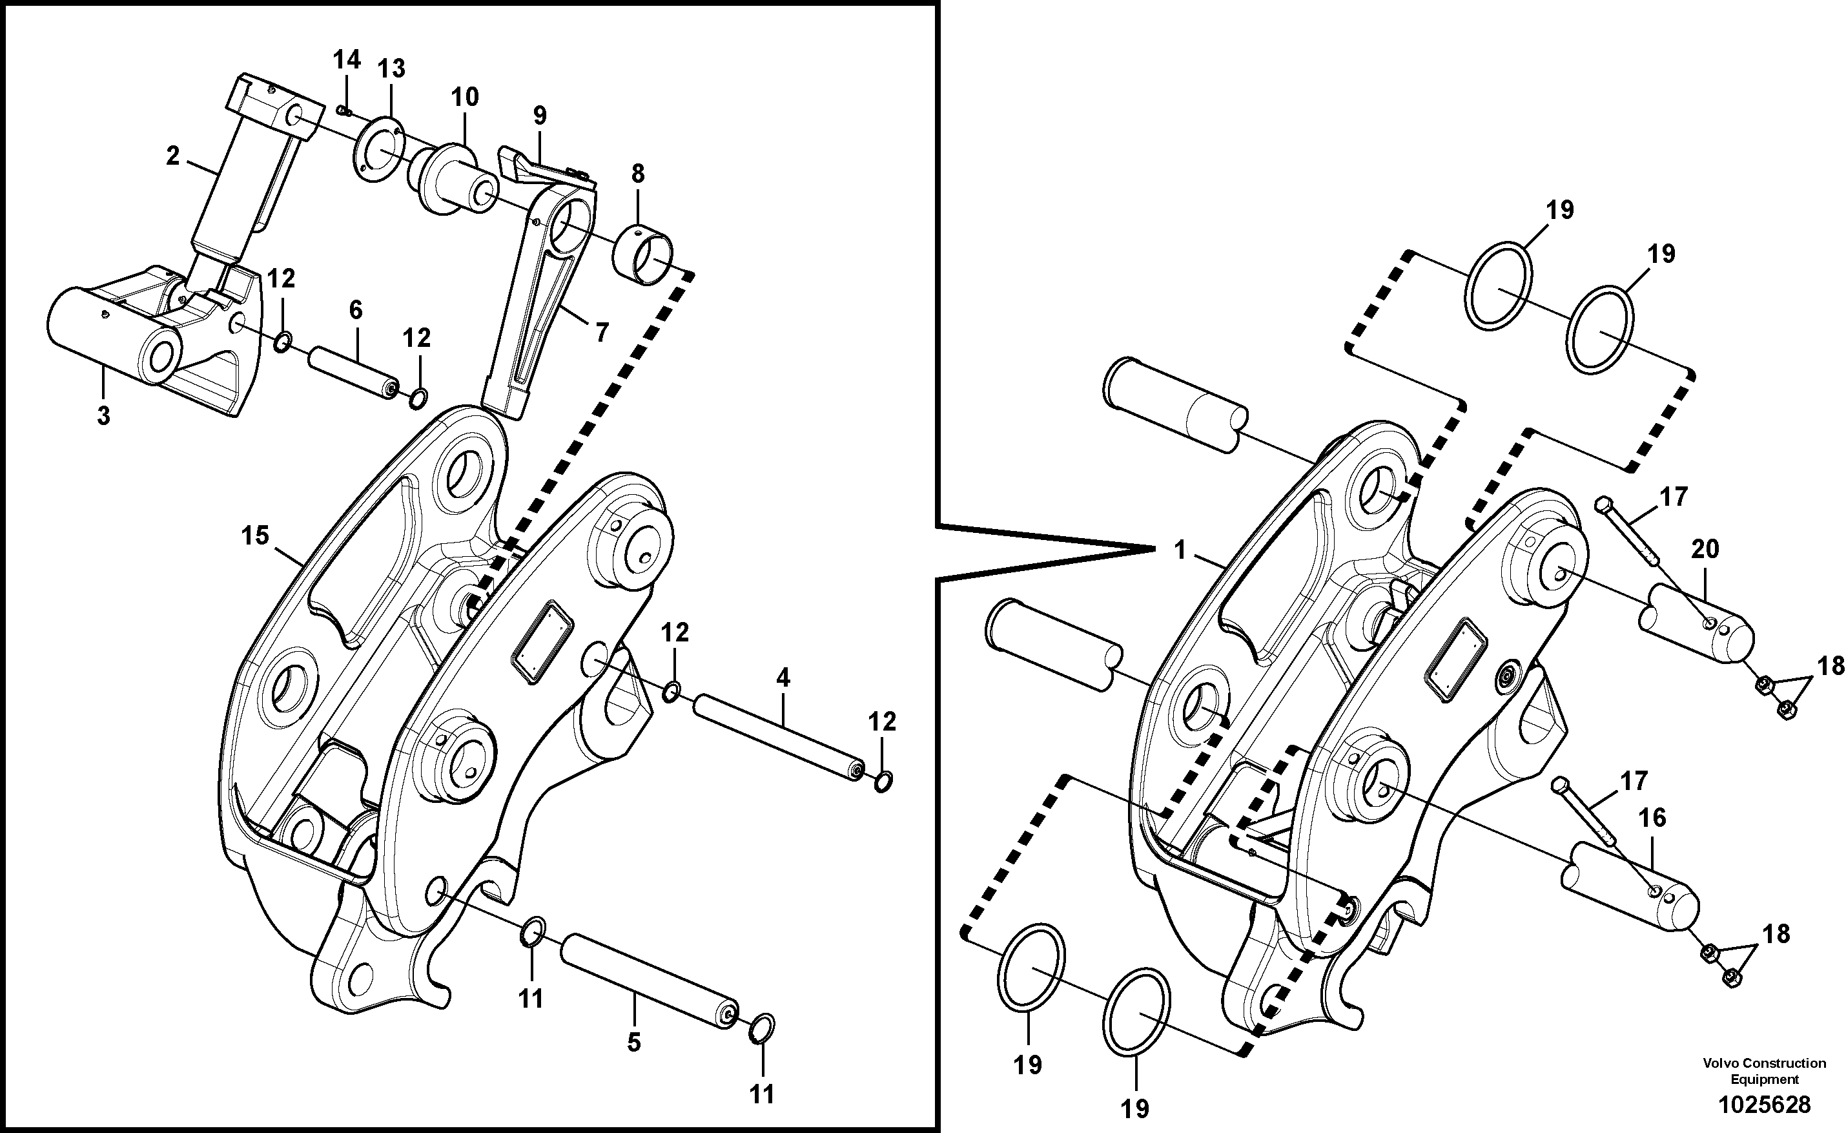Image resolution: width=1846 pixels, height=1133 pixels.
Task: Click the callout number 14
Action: point(346,60)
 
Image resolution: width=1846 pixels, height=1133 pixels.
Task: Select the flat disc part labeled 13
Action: point(377,149)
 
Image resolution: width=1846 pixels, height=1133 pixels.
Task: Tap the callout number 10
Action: point(464,97)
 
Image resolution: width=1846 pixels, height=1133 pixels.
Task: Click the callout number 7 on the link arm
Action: point(602,332)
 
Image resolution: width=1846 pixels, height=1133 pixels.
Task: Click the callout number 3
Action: point(103,415)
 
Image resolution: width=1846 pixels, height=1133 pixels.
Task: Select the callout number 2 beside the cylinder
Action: point(173,156)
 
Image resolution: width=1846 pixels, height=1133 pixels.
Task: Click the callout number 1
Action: point(1180,551)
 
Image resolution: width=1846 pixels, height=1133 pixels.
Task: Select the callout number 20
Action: point(1705,549)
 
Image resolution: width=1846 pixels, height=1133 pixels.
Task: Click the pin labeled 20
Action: point(1697,626)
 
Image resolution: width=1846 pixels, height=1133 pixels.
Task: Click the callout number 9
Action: point(539,116)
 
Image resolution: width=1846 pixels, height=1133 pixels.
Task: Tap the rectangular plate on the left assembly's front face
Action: point(542,641)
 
